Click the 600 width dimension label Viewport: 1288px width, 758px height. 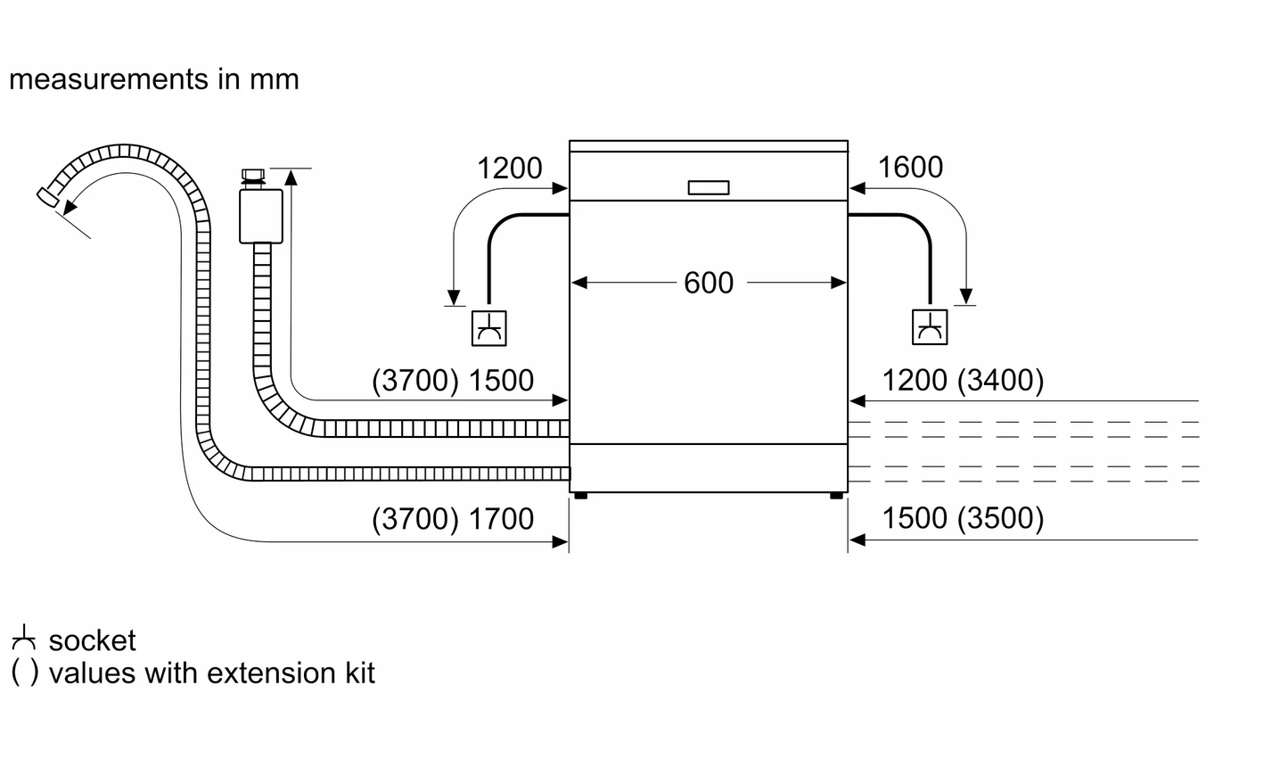point(709,283)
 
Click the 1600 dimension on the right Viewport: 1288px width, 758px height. point(910,168)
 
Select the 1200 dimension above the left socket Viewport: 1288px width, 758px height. point(510,168)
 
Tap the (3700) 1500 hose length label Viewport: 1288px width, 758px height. point(453,381)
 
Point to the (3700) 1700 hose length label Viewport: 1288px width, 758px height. point(453,519)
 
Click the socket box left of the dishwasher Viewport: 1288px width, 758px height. point(488,328)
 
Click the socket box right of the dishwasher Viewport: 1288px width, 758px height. point(930,327)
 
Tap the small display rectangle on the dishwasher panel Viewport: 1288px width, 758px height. point(709,187)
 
